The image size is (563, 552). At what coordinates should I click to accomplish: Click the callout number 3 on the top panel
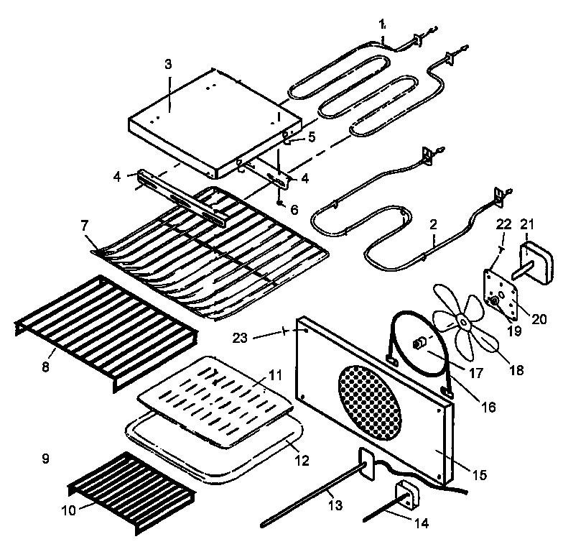(168, 64)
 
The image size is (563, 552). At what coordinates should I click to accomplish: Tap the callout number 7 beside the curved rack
(85, 226)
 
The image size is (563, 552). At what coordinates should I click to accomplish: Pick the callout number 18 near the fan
(516, 371)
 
